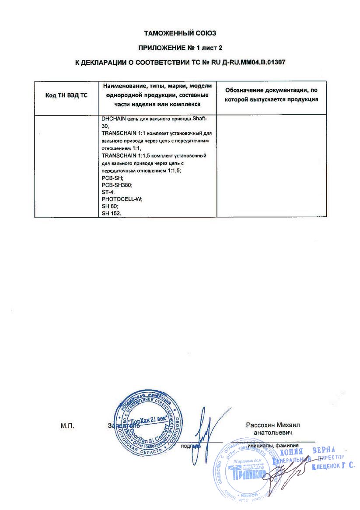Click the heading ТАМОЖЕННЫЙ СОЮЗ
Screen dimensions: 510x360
coord(180,33)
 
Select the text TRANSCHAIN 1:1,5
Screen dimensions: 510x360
coord(123,155)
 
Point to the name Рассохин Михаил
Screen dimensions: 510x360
coord(273,425)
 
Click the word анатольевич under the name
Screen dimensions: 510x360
coord(273,433)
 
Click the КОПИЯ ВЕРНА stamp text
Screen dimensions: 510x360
coord(307,451)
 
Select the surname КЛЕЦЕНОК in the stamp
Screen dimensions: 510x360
coord(326,468)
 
